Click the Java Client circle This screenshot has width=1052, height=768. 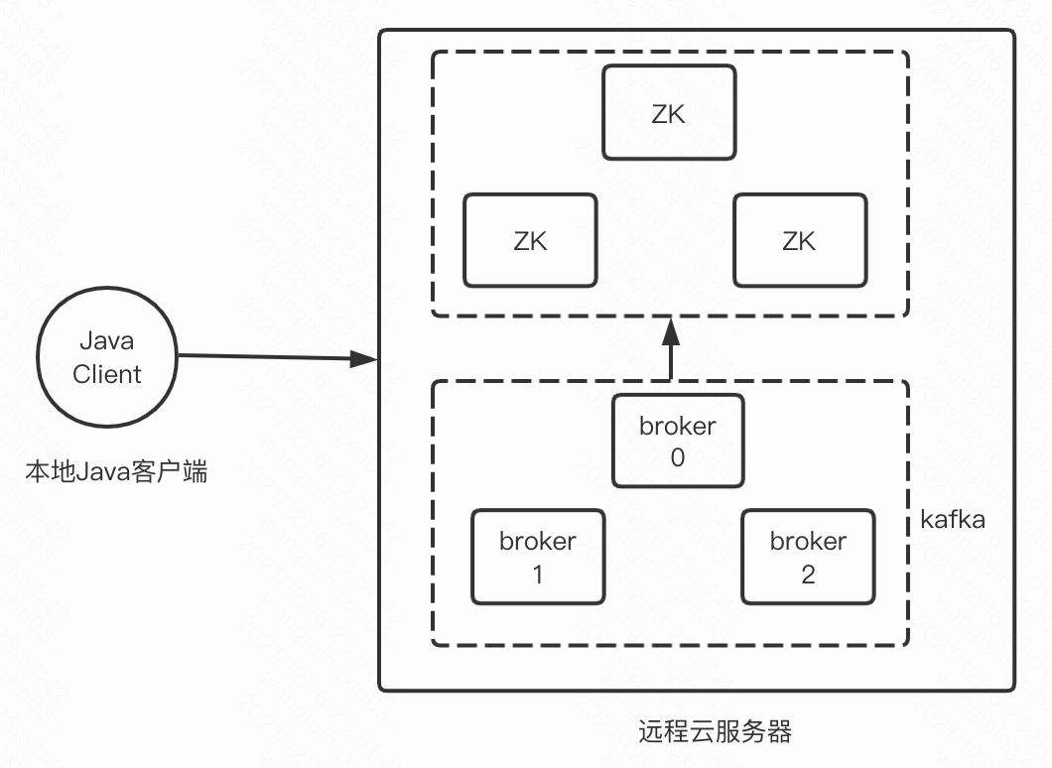pos(107,358)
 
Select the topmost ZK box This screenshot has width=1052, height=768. pos(669,112)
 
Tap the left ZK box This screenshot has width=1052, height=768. pos(530,240)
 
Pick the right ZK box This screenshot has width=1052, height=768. pos(799,240)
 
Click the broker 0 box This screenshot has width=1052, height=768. pos(678,441)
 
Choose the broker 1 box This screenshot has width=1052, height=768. pos(538,557)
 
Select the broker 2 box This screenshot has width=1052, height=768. pos(808,557)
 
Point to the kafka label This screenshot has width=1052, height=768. pos(953,518)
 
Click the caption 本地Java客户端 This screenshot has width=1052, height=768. pos(116,471)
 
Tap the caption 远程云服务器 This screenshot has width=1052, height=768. pos(715,732)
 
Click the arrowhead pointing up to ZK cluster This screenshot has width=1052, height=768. pos(671,329)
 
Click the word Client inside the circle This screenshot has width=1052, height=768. pos(107,374)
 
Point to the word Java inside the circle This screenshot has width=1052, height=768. pos(107,341)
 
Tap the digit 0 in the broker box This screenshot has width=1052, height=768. pos(678,457)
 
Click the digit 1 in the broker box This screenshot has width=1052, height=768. pos(538,574)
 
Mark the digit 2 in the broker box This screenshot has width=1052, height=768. pos(808,574)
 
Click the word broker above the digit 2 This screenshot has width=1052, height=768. pos(808,541)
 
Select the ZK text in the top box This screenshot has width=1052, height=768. pos(669,112)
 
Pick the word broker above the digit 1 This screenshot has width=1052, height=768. pos(538,541)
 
